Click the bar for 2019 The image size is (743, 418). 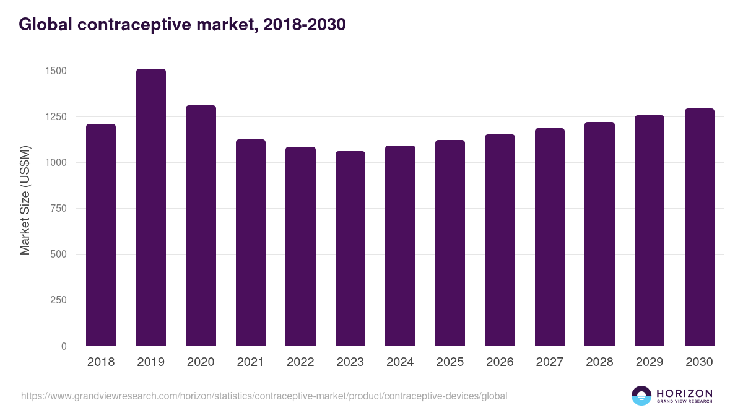pos(151,207)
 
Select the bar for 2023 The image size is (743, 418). pos(350,248)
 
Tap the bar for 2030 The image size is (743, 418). pos(700,227)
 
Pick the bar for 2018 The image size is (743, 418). pos(101,235)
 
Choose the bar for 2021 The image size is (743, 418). pos(251,243)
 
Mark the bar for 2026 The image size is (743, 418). pos(500,240)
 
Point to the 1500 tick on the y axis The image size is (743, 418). pos(56,71)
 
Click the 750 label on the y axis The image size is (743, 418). pos(59,209)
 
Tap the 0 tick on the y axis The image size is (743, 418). pos(64,346)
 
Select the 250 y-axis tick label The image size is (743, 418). pos(59,300)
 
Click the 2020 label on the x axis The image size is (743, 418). pos(201,362)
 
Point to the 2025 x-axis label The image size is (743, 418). pos(450,362)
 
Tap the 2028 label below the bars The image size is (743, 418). pos(599,362)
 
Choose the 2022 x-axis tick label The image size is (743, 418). pos(300,362)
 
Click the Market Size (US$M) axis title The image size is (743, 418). pos(25,200)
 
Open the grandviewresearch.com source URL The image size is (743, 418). pos(264,396)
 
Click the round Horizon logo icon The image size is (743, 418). pos(641,396)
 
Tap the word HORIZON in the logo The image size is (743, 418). pos(684,393)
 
